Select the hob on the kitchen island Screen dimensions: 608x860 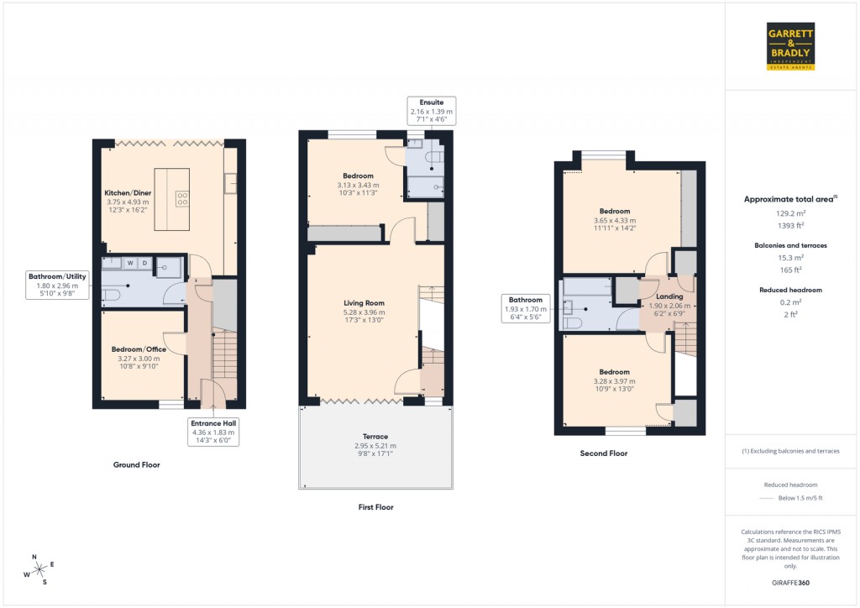[x=181, y=198]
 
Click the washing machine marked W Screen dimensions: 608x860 [x=130, y=264]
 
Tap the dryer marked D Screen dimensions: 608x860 [x=144, y=264]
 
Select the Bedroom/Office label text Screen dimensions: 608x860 [x=139, y=349]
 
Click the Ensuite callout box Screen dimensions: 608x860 [x=431, y=111]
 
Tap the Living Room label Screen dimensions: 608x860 [x=364, y=303]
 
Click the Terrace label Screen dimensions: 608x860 [x=375, y=437]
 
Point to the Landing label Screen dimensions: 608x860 [x=669, y=296]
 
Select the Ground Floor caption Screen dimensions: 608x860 [x=136, y=464]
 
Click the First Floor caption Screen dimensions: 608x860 [x=375, y=507]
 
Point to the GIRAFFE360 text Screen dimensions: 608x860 [x=790, y=582]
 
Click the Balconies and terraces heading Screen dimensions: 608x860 [x=790, y=245]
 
